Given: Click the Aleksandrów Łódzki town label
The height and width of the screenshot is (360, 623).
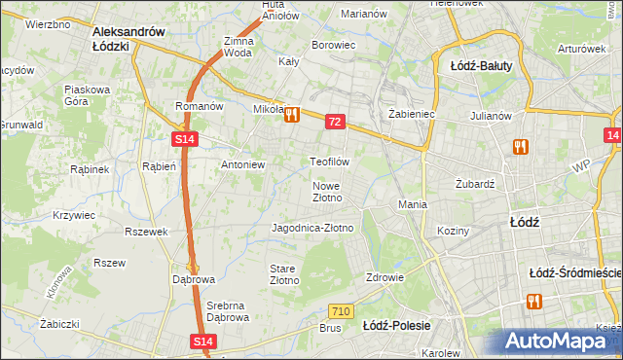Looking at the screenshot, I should [128, 38].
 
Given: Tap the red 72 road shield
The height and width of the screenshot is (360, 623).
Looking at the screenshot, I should [335, 122].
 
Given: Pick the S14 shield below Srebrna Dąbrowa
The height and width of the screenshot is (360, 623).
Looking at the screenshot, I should [202, 342].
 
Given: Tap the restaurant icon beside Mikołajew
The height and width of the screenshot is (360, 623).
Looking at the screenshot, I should [291, 115].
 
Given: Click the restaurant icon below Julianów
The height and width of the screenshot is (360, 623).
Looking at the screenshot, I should [521, 147].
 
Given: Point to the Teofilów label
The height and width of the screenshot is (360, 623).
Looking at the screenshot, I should [329, 161].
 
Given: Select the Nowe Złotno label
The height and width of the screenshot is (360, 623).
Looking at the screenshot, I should [327, 192].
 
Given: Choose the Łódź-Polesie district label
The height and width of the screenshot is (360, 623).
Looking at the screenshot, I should [396, 325].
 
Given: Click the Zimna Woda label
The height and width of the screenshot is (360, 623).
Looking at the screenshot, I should [238, 47].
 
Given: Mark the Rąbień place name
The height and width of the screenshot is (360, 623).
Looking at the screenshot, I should [158, 165].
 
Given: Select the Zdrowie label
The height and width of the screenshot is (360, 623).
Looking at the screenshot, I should [385, 276].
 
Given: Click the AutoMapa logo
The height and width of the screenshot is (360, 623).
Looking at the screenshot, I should [559, 341].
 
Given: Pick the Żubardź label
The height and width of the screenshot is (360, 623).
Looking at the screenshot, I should [476, 183].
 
